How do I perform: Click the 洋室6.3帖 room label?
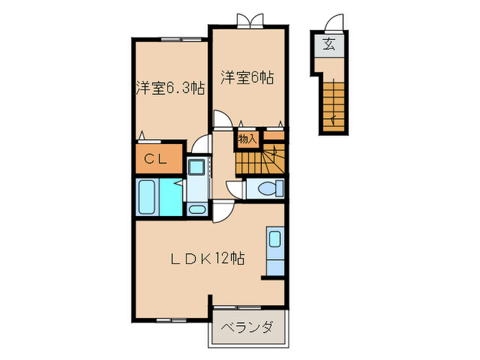coord(169,88)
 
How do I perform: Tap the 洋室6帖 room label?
coord(247,77)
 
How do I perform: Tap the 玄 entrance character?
coord(329,47)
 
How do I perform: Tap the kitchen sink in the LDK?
coord(274,239)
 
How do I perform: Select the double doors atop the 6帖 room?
coord(248,21)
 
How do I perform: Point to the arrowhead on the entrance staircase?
coord(334,121)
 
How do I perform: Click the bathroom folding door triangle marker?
coord(177,184)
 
